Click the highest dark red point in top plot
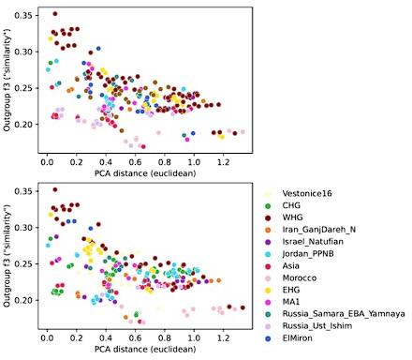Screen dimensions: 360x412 point(55,14)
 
